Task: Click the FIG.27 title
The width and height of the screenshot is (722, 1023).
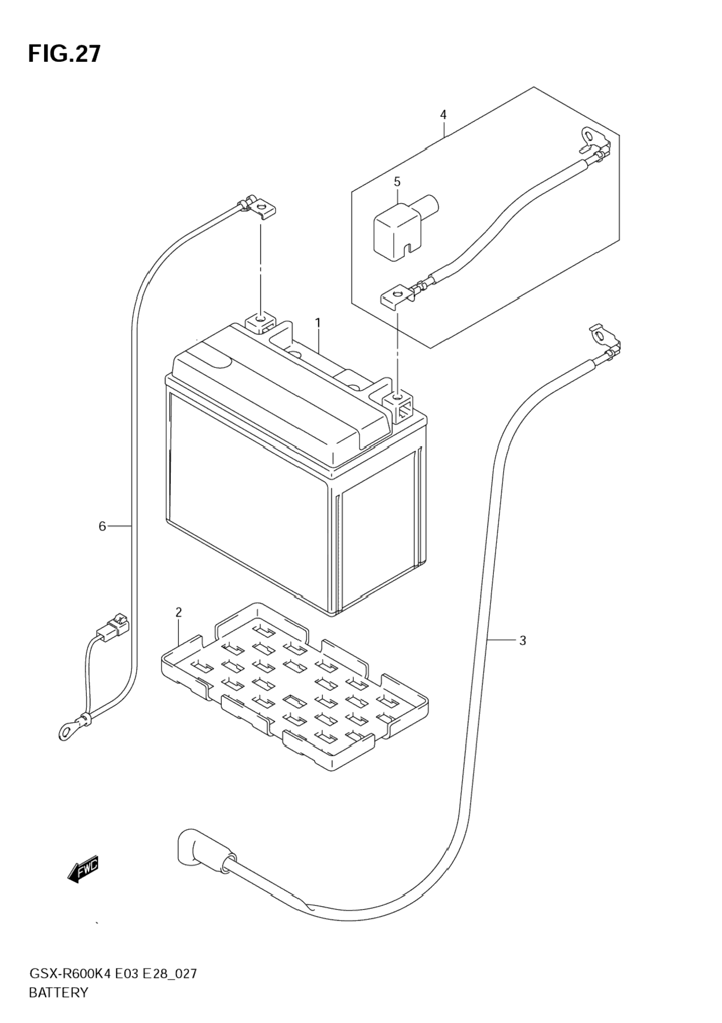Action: pyautogui.click(x=64, y=53)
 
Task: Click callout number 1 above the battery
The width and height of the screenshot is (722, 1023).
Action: pyautogui.click(x=317, y=322)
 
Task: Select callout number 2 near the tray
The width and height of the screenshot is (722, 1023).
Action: pyautogui.click(x=178, y=612)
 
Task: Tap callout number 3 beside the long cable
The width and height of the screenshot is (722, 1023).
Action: pyautogui.click(x=522, y=641)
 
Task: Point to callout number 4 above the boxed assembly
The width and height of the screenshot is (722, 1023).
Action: pyautogui.click(x=443, y=115)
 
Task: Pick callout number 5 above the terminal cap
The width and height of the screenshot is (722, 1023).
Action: pyautogui.click(x=397, y=182)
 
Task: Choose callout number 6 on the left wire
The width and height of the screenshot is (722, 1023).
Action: pyautogui.click(x=102, y=526)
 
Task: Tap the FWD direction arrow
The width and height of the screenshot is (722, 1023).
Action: pyautogui.click(x=83, y=869)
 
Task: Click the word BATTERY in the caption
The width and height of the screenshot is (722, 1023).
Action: pyautogui.click(x=58, y=993)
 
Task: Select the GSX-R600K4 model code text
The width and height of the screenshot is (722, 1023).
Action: pyautogui.click(x=75, y=974)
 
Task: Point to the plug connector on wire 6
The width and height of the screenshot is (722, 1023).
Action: pyautogui.click(x=113, y=627)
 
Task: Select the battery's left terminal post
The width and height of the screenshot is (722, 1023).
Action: pyautogui.click(x=262, y=322)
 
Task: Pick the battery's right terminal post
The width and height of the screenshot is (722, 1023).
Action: pyautogui.click(x=398, y=400)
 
